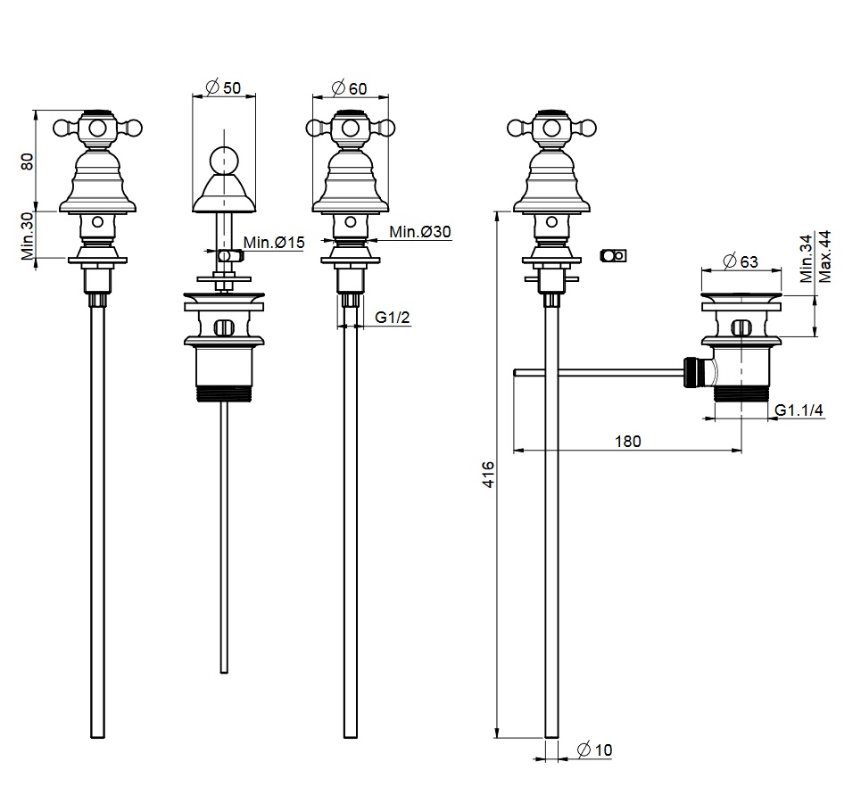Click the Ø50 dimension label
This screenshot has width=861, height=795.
(x=223, y=87)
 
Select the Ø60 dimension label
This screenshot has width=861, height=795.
(x=349, y=87)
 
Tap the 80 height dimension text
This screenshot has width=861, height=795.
(x=27, y=161)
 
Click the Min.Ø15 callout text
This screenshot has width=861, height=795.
(x=274, y=242)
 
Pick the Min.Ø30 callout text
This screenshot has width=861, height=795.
(x=419, y=232)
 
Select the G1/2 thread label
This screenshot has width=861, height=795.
(x=393, y=318)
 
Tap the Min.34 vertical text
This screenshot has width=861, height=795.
(x=806, y=258)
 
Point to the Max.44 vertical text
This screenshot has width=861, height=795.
(x=824, y=256)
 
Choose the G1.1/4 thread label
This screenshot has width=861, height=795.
(x=799, y=410)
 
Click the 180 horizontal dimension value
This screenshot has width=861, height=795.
(x=627, y=441)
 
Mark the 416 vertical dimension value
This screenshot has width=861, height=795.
(x=487, y=472)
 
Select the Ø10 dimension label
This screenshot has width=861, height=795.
(x=594, y=751)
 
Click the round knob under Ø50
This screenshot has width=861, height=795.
(x=223, y=161)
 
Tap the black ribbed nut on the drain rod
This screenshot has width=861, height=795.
(x=689, y=371)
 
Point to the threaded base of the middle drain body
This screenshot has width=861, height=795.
(x=223, y=394)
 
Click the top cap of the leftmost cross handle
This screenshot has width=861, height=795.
(x=97, y=113)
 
